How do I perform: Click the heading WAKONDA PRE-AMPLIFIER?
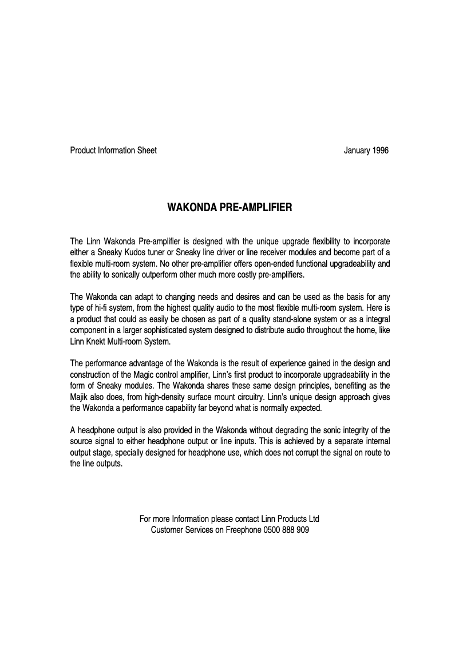[229, 208]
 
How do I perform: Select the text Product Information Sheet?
[113, 151]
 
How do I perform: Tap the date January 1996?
[366, 151]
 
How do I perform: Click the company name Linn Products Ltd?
[290, 519]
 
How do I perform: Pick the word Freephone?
[243, 530]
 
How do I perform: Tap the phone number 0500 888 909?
[286, 530]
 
